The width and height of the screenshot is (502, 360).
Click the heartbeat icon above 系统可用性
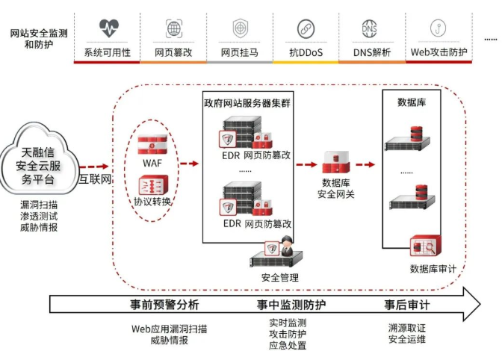[x=109, y=29]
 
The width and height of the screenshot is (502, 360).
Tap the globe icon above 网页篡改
[x=173, y=29]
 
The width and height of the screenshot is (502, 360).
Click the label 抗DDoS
[x=304, y=53]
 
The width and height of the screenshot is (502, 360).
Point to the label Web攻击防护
[x=439, y=53]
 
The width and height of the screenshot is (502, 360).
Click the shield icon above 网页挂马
[x=240, y=29]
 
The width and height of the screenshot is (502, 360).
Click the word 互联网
[x=96, y=179]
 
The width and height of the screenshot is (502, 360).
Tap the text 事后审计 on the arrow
[x=407, y=305]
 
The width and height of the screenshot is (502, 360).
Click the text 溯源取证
[x=407, y=327]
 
